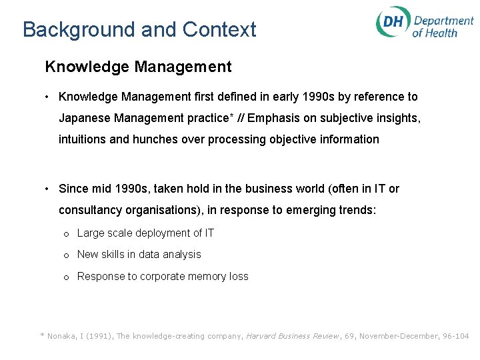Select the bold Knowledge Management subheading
[138, 67]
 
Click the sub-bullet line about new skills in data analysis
[139, 255]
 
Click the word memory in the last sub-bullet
[205, 277]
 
